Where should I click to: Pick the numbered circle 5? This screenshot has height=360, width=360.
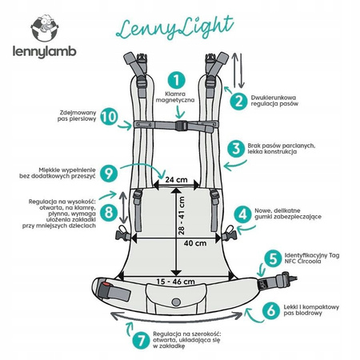coord(273,258)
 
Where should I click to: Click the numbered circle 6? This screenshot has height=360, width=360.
coord(270,309)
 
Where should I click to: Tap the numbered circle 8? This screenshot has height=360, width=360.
coord(133,212)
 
